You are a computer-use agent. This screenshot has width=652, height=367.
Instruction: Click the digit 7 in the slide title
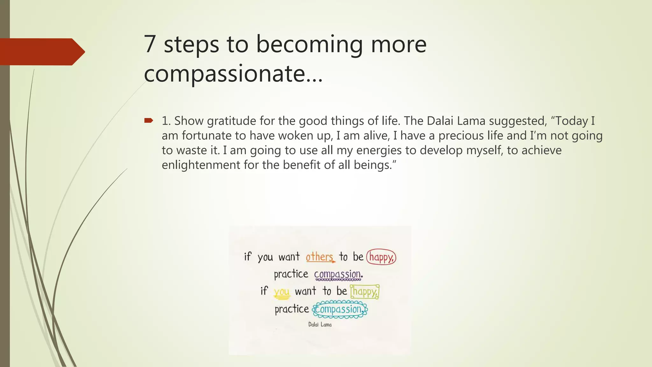click(x=150, y=44)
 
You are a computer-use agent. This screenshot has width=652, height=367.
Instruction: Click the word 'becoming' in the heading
click(x=309, y=45)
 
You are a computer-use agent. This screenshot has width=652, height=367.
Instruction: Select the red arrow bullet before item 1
click(x=149, y=120)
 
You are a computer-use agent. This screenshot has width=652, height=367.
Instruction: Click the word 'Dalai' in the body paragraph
click(x=440, y=121)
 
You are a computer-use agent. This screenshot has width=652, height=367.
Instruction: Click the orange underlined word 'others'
click(x=320, y=257)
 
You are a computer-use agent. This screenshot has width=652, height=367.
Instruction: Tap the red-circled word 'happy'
click(x=381, y=257)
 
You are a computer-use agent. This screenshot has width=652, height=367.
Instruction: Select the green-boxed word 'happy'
click(x=365, y=291)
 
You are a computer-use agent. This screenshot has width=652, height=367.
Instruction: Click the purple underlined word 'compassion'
click(x=338, y=274)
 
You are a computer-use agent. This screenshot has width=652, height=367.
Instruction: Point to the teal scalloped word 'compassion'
click(x=339, y=309)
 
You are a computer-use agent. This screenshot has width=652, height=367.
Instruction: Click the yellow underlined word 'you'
click(x=281, y=291)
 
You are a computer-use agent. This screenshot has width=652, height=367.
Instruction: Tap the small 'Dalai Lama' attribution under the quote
click(x=320, y=325)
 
